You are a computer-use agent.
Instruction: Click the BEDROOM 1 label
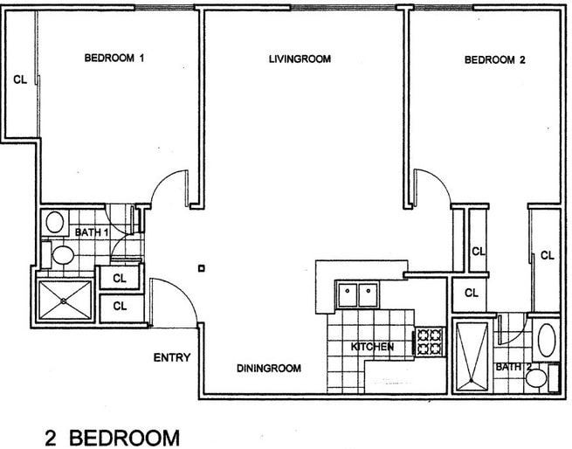pyautogui.click(x=114, y=59)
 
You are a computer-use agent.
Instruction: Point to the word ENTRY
pyautogui.click(x=172, y=357)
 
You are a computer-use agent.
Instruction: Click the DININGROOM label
pyautogui.click(x=269, y=369)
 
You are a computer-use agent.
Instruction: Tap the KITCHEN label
pyautogui.click(x=372, y=348)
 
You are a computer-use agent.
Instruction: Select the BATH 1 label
pyautogui.click(x=92, y=232)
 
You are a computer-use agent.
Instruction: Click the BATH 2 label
pyautogui.click(x=513, y=368)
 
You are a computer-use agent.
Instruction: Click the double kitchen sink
pyautogui.click(x=357, y=294)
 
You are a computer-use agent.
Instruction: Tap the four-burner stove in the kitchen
pyautogui.click(x=429, y=341)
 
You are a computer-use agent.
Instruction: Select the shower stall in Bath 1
pyautogui.click(x=64, y=298)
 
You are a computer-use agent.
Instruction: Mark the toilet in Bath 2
pyautogui.click(x=543, y=378)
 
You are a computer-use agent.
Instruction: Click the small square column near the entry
pyautogui.click(x=203, y=268)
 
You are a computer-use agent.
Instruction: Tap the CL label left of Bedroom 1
pyautogui.click(x=19, y=79)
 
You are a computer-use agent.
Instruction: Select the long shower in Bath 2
pyautogui.click(x=472, y=354)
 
